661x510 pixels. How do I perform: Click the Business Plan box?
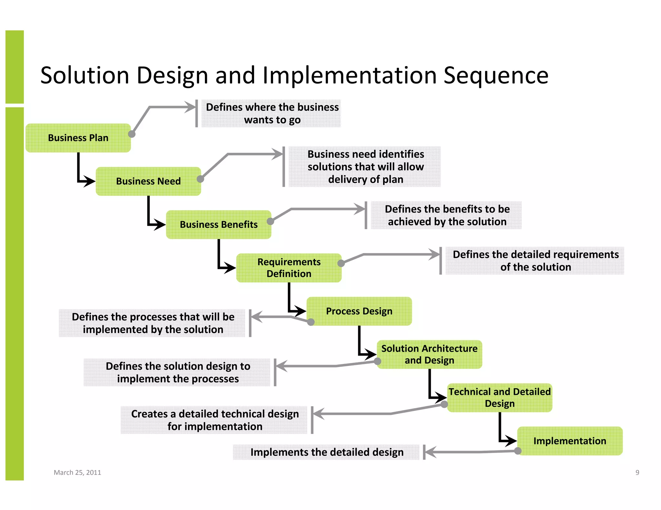78,138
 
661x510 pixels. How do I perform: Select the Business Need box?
148,181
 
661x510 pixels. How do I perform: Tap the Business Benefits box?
219,224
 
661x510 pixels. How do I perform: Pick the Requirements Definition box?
289,268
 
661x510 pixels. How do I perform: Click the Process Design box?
359,311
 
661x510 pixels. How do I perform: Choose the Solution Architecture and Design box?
429,354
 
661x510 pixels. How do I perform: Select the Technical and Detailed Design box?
500,397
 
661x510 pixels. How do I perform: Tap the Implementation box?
570,441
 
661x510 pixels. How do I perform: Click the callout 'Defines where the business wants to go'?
272,113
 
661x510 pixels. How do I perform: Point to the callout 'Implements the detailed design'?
327,452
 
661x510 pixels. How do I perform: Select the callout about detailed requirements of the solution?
535,260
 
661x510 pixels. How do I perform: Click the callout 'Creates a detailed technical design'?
215,420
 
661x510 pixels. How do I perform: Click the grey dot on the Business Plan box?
132,134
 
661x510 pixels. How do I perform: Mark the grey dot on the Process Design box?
311,322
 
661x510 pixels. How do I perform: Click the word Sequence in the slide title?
496,75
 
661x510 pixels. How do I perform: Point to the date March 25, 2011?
77,472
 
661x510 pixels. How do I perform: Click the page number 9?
637,472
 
